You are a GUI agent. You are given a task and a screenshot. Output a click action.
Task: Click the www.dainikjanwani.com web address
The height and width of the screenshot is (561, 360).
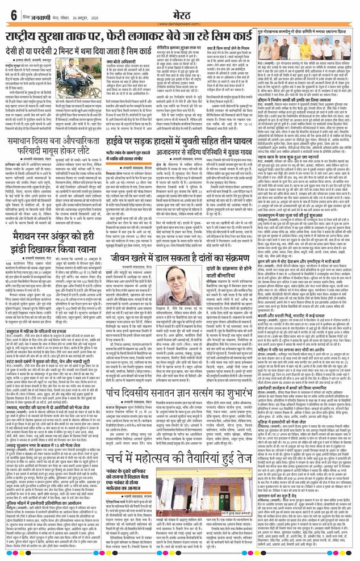[179, 24]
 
